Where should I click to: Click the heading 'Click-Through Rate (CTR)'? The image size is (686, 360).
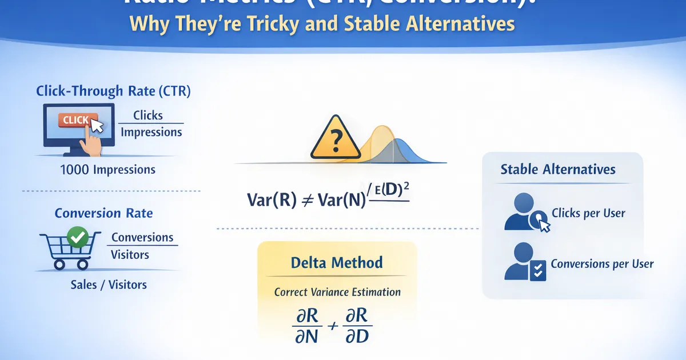tap(113, 91)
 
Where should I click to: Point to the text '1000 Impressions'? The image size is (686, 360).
tap(107, 170)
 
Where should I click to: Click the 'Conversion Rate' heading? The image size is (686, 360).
tap(103, 213)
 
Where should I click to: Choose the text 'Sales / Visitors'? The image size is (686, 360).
tap(108, 284)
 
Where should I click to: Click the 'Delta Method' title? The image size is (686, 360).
tap(337, 263)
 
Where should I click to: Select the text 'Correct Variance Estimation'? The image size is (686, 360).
tap(337, 291)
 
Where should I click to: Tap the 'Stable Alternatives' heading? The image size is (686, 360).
tap(558, 169)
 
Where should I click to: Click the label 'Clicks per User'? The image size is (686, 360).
tap(588, 213)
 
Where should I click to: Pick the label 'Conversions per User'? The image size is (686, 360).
tap(602, 264)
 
